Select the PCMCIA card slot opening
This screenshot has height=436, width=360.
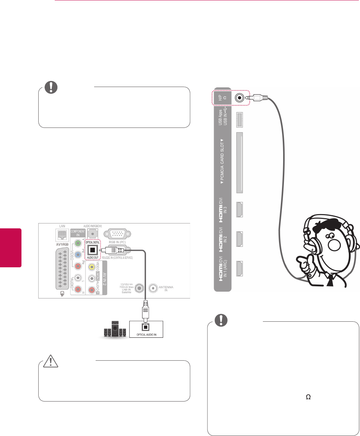[239, 163]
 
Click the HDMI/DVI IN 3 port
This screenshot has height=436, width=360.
[239, 210]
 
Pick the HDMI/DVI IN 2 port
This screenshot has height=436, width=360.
[239, 239]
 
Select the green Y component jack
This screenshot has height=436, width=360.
[78, 243]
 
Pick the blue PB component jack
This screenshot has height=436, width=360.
[78, 255]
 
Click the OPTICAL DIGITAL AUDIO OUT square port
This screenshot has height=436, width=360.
[91, 251]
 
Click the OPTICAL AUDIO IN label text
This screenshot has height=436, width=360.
[146, 334]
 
